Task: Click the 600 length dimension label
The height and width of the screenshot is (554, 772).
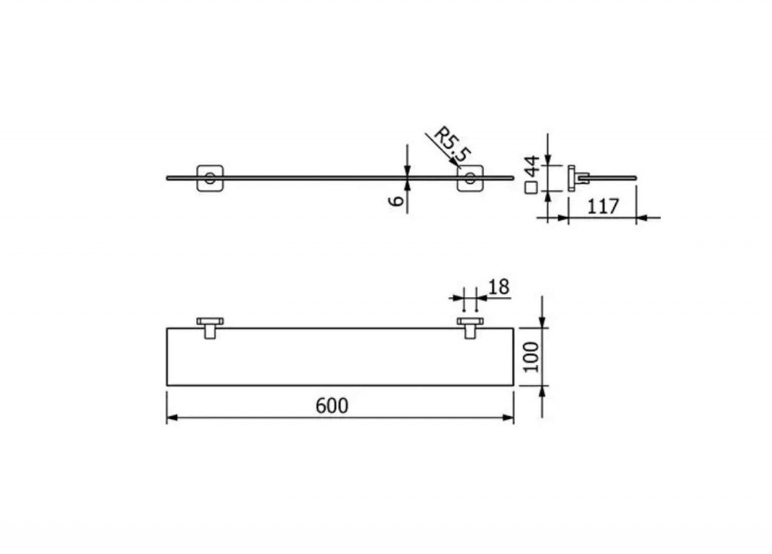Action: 332,406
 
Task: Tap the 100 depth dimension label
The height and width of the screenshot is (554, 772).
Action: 532,357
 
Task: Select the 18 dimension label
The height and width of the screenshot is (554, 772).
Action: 499,286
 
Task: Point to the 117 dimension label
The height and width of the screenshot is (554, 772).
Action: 602,207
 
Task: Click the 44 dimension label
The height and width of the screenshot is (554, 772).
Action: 532,166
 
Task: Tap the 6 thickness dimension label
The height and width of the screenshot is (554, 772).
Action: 397,200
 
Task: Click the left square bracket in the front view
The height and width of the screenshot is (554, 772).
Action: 210,178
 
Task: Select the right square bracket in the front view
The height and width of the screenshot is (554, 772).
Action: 470,178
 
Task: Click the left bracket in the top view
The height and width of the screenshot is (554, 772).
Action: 210,327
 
